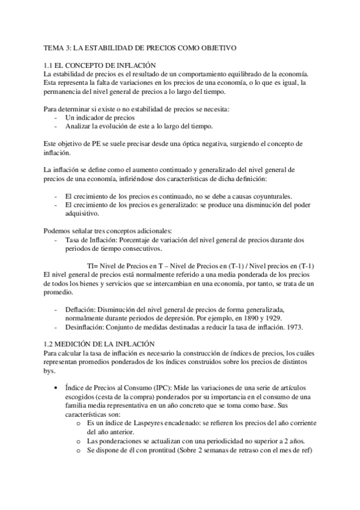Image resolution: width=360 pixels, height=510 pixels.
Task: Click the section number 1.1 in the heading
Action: click(49, 66)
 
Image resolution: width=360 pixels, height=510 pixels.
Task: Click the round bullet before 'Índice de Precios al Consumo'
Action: click(56, 388)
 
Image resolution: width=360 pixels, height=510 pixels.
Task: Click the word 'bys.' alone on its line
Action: click(50, 371)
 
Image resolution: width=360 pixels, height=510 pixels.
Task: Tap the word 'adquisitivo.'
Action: click(83, 214)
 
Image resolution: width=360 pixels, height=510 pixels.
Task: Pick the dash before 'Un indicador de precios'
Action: click(55, 117)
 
